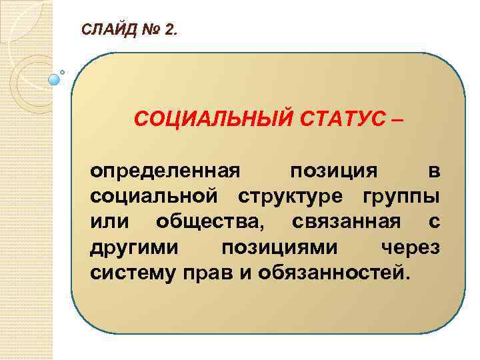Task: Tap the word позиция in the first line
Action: tap(333, 171)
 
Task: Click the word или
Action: tap(109, 221)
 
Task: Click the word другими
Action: tap(133, 247)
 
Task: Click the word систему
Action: tap(131, 272)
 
